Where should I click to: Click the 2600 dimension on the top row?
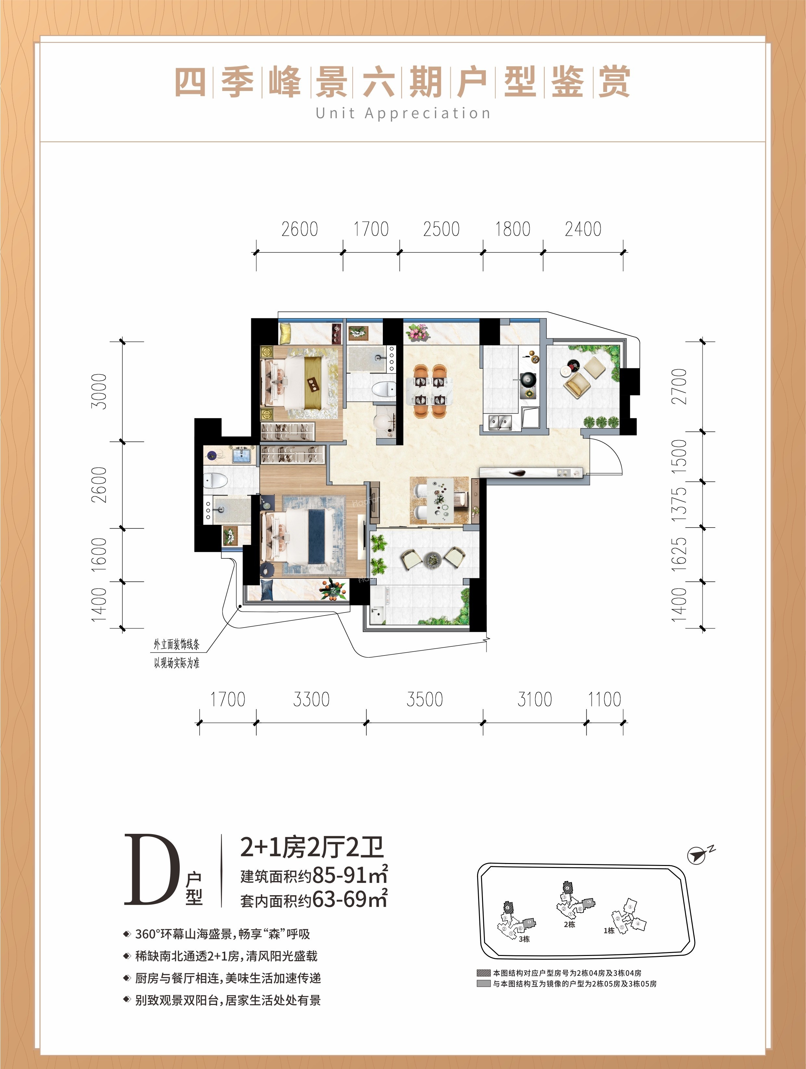[x=300, y=229]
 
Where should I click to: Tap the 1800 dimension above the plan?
[x=513, y=229]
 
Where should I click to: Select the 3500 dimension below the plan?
[x=424, y=699]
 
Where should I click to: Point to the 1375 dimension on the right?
[x=679, y=504]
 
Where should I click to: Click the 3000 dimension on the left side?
[x=99, y=391]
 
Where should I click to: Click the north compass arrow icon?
[x=696, y=855]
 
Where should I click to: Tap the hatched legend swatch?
[x=484, y=973]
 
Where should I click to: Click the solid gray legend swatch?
[x=484, y=984]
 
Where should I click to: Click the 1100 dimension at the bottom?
[x=604, y=699]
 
